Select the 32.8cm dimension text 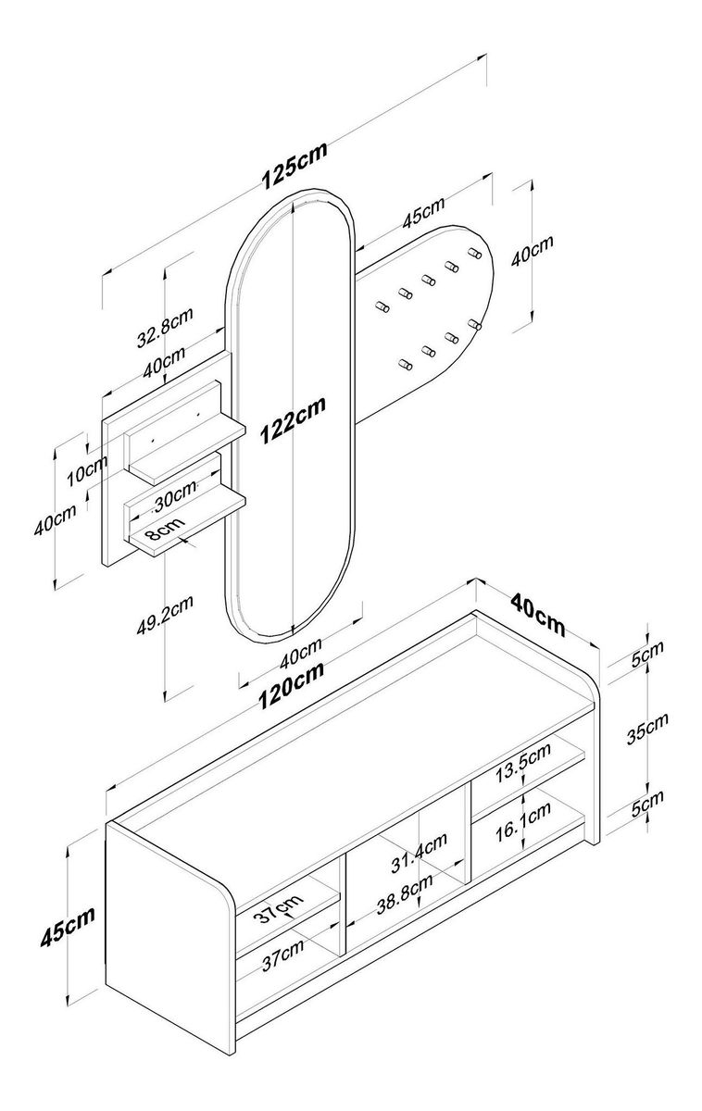coord(165,329)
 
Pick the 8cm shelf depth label coord(159,531)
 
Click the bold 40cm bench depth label coord(537,612)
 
